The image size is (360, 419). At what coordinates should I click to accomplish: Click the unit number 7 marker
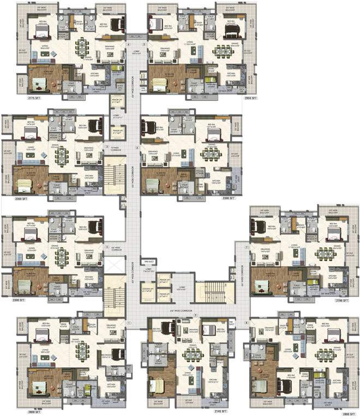pyautogui.click(x=247, y=247)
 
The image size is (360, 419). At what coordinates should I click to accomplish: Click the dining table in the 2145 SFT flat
pyautogui.click(x=192, y=354)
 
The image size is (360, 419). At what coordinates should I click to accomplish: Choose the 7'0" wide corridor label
pyautogui.click(x=116, y=147)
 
